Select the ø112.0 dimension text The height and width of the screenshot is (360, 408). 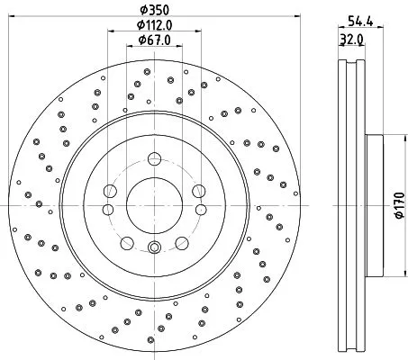click(154, 25)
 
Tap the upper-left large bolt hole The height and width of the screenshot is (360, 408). click(108, 191)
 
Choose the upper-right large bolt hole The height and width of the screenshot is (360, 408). click(195, 191)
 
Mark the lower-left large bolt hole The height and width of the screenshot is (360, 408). click(125, 240)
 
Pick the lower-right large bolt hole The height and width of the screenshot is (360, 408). click(179, 240)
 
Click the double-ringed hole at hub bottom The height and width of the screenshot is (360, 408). click(151, 250)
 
